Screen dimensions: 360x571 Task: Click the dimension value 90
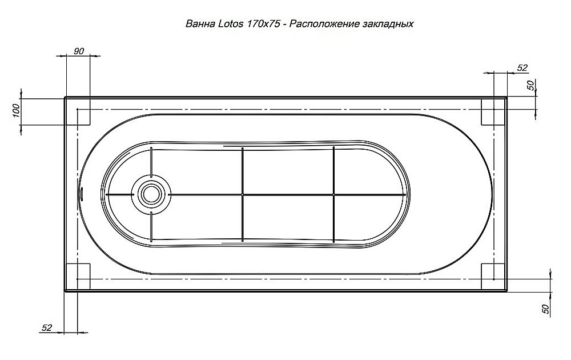coord(79,51)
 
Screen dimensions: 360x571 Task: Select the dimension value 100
coord(15,108)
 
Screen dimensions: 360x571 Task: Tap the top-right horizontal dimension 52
coord(522,67)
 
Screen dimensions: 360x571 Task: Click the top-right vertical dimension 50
coord(530,86)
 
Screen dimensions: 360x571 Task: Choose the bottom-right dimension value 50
coord(545,309)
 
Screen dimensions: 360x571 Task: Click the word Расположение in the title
coord(323,25)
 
